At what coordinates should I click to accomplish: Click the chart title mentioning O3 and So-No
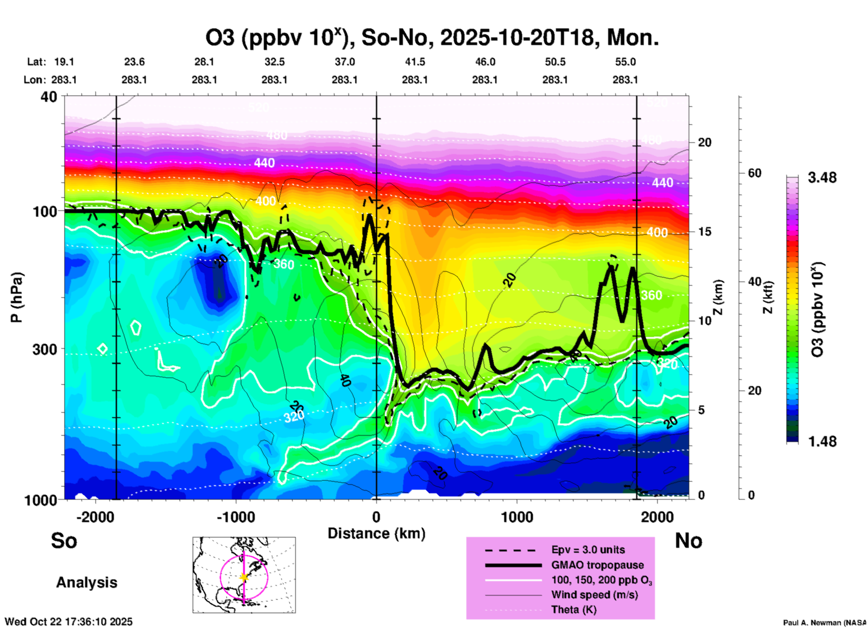tap(432, 38)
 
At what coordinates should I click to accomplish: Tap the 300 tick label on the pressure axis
tap(45, 349)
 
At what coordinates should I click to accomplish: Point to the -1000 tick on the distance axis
tap(236, 517)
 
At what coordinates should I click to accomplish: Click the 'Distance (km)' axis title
tap(376, 533)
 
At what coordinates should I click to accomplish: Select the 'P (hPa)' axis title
tap(17, 297)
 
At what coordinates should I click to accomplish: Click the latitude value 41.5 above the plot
tap(415, 62)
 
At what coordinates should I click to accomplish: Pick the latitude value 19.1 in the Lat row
tap(64, 62)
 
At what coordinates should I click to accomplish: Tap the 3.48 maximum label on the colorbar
tap(822, 178)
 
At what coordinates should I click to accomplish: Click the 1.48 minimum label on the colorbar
tap(822, 441)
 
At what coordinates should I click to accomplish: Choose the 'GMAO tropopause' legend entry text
tap(597, 565)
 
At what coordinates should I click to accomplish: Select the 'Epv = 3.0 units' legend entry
tap(588, 550)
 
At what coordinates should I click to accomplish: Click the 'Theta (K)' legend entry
tap(573, 610)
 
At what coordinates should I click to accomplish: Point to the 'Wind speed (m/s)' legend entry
tap(594, 595)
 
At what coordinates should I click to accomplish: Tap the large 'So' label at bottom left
tap(64, 541)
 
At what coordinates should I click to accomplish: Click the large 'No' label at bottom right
tap(688, 541)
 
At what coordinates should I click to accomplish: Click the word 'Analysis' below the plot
tap(86, 582)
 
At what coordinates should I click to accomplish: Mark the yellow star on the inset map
tap(244, 577)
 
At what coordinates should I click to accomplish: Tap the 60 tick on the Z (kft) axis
tap(754, 173)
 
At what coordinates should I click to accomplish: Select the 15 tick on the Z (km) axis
tap(704, 232)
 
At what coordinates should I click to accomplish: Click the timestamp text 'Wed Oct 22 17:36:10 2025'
tap(68, 622)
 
